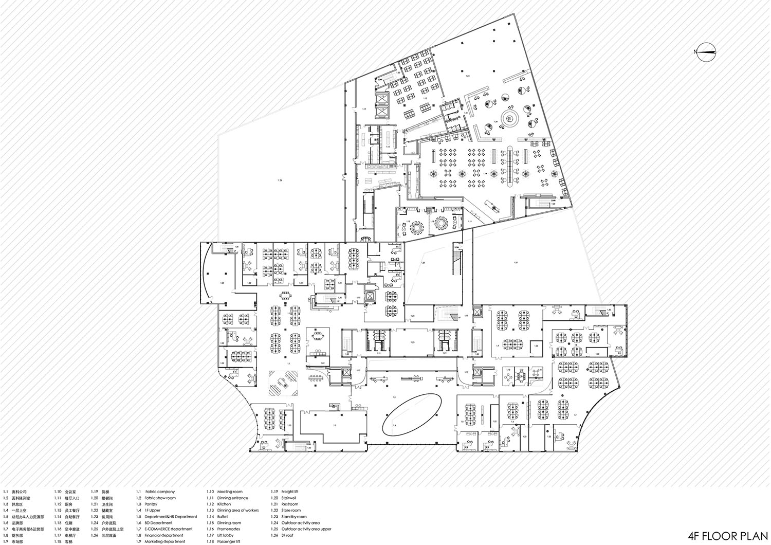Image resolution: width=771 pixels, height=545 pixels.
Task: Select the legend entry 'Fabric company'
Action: point(160,492)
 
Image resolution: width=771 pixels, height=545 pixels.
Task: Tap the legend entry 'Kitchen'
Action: point(224,504)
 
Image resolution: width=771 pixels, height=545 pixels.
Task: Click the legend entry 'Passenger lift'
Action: point(229,541)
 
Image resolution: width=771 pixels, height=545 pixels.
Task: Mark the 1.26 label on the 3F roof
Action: point(280,180)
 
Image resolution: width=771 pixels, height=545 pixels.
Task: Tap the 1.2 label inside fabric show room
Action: point(335,425)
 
